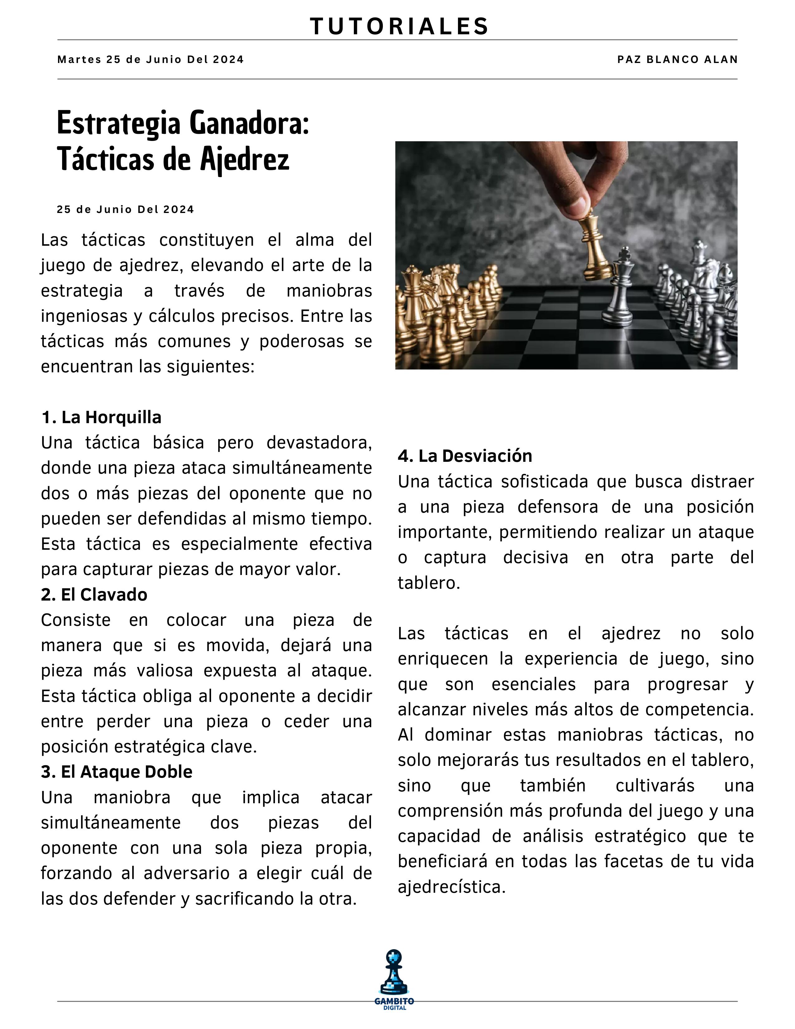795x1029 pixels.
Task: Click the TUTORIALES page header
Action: click(399, 27)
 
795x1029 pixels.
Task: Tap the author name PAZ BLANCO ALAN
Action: click(677, 59)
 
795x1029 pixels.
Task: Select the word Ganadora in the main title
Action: click(249, 123)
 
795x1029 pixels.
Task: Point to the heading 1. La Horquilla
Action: click(101, 418)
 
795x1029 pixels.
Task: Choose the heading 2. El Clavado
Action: click(94, 595)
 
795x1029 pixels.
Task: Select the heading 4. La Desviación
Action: click(465, 456)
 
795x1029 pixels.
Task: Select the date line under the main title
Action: click(125, 210)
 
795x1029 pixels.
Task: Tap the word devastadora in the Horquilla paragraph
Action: click(319, 443)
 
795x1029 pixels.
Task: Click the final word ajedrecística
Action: click(451, 887)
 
